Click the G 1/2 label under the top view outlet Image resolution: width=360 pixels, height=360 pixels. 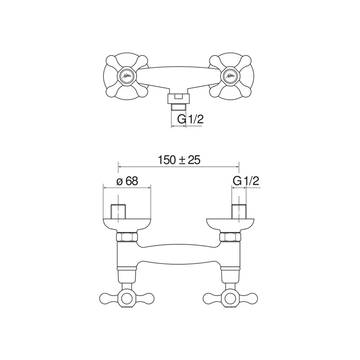[190, 120]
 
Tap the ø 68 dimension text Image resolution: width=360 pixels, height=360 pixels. [127, 181]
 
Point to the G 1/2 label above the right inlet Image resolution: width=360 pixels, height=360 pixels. [246, 181]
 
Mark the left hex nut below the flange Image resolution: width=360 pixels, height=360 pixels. [127, 237]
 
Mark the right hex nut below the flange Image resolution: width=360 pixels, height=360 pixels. [230, 237]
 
